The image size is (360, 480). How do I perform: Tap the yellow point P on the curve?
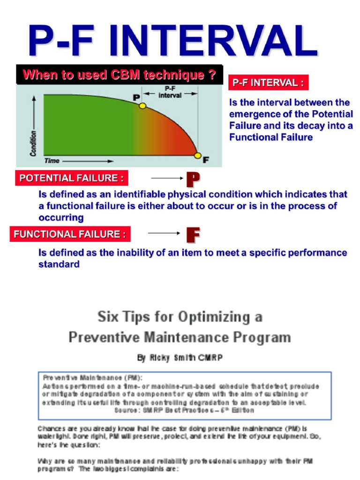click(142, 106)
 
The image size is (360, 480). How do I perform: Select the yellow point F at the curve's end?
click(198, 156)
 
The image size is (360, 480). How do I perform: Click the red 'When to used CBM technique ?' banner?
click(120, 75)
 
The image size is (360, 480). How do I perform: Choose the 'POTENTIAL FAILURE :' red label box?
click(72, 178)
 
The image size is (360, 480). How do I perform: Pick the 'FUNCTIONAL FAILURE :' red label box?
click(70, 234)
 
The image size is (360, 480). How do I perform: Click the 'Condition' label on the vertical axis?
click(33, 136)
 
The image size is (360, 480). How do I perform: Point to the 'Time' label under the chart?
click(52, 161)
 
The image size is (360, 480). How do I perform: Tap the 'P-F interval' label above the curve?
click(170, 91)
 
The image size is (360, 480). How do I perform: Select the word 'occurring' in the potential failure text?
click(61, 217)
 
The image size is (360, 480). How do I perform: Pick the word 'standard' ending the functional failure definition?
click(59, 264)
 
